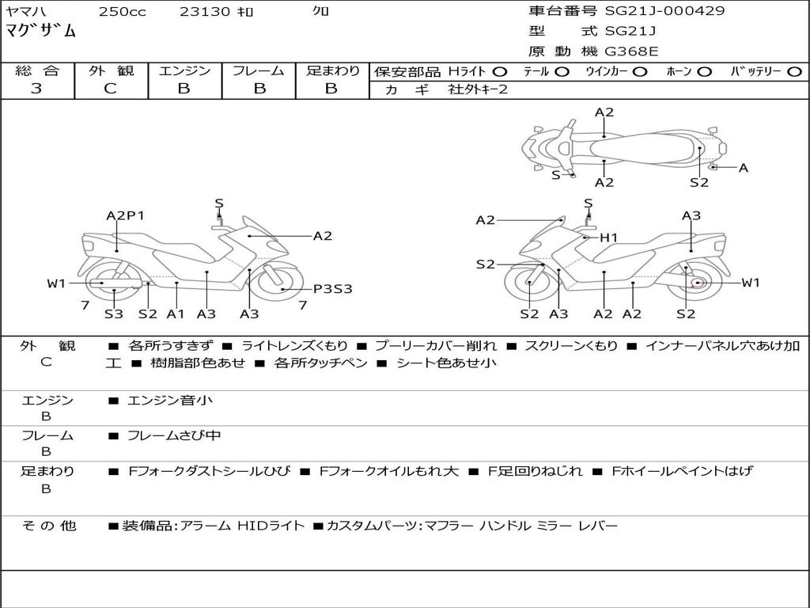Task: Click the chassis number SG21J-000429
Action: tap(664, 11)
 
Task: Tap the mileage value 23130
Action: tap(205, 11)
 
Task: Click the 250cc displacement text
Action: tap(122, 11)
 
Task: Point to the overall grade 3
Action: tap(36, 89)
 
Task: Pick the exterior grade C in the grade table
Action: tap(111, 89)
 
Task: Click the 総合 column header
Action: tap(36, 71)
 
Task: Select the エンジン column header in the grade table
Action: tap(184, 71)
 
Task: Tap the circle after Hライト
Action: tap(500, 72)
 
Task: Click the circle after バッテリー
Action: tap(794, 72)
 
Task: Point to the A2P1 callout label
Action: tap(125, 215)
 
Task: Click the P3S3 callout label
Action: tap(332, 289)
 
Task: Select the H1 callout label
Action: tap(607, 237)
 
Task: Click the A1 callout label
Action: tap(176, 314)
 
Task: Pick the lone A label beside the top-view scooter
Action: tap(743, 168)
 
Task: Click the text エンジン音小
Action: tap(170, 401)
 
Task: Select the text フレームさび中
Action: tap(174, 435)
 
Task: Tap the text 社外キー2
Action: tap(478, 89)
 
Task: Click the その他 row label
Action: tap(49, 526)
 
